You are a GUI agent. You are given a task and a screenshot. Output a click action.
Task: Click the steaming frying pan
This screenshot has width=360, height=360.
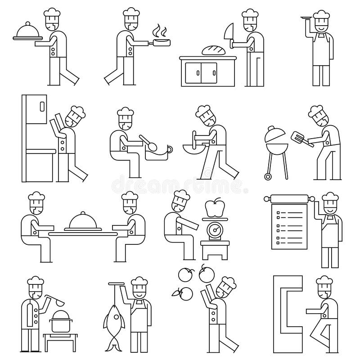pos(162,43)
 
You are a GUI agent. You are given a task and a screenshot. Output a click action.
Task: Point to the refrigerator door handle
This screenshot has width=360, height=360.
pos(42,108)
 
